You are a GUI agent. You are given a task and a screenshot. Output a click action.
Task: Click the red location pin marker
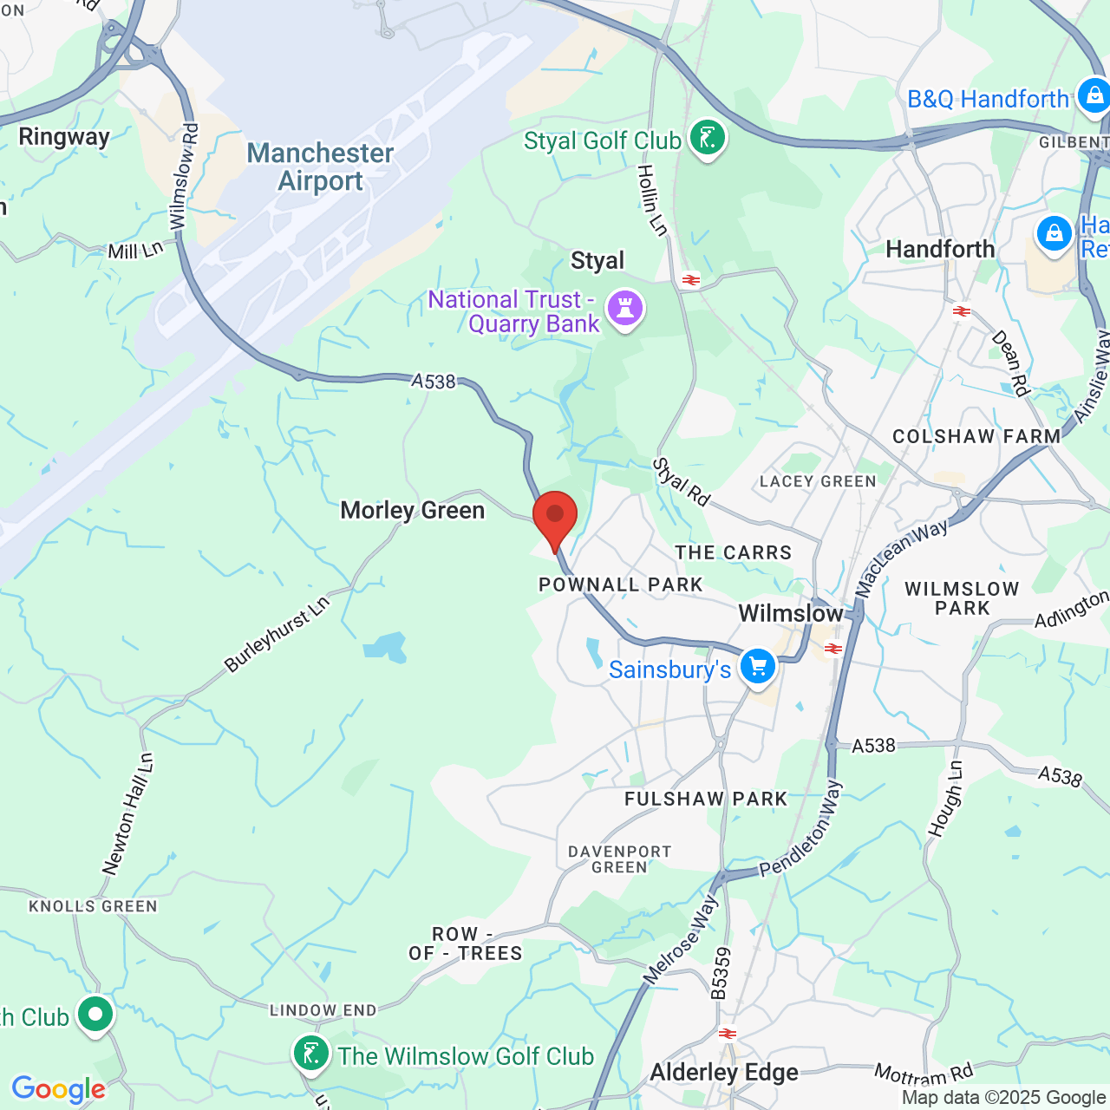(555, 517)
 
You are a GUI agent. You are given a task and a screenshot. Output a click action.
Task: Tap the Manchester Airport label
(320, 166)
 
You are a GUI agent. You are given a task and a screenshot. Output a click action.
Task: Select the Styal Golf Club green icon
(708, 138)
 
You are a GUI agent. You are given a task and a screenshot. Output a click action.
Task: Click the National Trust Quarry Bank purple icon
(625, 309)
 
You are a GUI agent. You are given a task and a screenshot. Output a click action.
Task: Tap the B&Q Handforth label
(988, 100)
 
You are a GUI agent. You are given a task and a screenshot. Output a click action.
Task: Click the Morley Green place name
(412, 510)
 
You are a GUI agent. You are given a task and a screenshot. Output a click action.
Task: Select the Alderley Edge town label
(724, 1073)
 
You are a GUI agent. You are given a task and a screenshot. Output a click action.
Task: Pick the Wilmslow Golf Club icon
(311, 1054)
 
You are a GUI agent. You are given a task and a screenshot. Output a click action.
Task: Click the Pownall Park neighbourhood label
(621, 584)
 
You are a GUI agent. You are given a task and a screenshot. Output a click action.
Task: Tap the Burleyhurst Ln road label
(277, 635)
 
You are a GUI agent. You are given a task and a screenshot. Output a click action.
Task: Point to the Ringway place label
(64, 137)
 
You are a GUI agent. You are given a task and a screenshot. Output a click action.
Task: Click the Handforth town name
(940, 250)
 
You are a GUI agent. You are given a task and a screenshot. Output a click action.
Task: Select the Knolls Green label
(93, 906)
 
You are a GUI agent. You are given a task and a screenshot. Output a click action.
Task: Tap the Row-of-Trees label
(466, 943)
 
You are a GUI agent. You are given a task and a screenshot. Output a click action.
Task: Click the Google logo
(58, 1089)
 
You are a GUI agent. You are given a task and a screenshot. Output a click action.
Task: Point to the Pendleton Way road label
(800, 829)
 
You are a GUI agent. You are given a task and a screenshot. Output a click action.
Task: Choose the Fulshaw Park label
(706, 799)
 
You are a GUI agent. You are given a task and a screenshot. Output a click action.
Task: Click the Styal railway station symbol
(691, 280)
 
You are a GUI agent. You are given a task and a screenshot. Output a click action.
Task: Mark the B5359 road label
(721, 972)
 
